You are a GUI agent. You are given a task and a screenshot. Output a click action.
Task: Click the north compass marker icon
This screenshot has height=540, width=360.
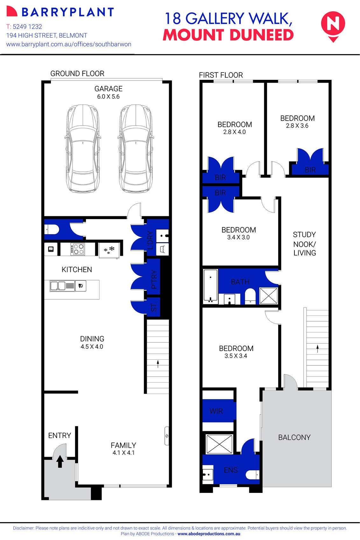(333, 26)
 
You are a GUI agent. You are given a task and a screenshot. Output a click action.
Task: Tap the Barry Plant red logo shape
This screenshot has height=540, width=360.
(12, 11)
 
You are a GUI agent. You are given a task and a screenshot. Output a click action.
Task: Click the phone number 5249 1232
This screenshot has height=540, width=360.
(27, 26)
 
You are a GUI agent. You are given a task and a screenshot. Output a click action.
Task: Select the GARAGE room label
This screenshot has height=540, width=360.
(108, 89)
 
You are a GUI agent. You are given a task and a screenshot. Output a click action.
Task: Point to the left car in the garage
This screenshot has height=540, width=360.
(83, 149)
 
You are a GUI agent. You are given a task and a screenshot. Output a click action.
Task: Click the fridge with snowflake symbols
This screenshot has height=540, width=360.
(109, 250)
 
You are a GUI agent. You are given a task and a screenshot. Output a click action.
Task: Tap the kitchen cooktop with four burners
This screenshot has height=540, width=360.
(77, 249)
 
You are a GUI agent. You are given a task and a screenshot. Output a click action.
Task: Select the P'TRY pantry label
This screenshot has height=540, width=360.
(154, 279)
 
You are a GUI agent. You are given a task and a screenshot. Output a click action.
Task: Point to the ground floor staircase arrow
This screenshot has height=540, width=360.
(158, 364)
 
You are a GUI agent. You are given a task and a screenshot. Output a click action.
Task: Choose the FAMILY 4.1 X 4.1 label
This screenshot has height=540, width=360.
(124, 449)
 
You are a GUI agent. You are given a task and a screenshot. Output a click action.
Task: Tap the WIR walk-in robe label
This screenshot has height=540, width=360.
(216, 411)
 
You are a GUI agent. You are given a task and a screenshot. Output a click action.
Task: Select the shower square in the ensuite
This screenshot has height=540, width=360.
(220, 444)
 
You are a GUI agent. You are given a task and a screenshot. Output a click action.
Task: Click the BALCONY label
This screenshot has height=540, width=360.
(294, 437)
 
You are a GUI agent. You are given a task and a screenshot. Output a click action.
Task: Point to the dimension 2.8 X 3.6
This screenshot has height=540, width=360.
(297, 126)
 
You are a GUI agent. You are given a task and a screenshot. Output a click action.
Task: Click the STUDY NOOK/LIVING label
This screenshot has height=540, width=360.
(305, 244)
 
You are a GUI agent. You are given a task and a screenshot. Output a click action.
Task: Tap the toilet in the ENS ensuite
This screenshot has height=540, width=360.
(252, 474)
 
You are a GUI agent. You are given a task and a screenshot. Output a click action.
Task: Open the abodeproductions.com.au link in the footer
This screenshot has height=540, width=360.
(209, 534)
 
